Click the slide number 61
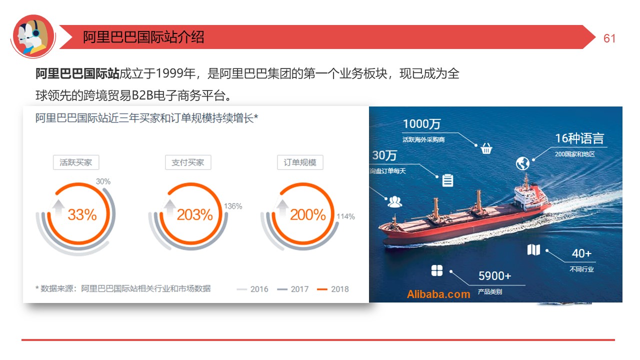[x=609, y=38]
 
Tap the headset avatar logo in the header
[x=33, y=36]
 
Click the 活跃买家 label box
[x=76, y=162]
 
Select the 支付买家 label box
[x=188, y=162]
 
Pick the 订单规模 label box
[x=300, y=162]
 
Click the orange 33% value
[x=82, y=214]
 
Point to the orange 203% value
[x=194, y=214]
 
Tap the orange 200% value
[x=307, y=214]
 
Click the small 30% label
[x=103, y=181]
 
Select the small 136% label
[x=233, y=206]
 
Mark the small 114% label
[x=345, y=216]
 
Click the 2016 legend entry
[x=252, y=289]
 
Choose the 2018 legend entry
[x=333, y=289]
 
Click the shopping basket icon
[x=486, y=148]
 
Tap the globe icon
[x=522, y=163]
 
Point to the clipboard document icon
[x=447, y=180]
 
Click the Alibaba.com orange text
[x=438, y=294]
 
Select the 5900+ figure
[x=495, y=275]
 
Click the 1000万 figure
[x=421, y=124]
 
